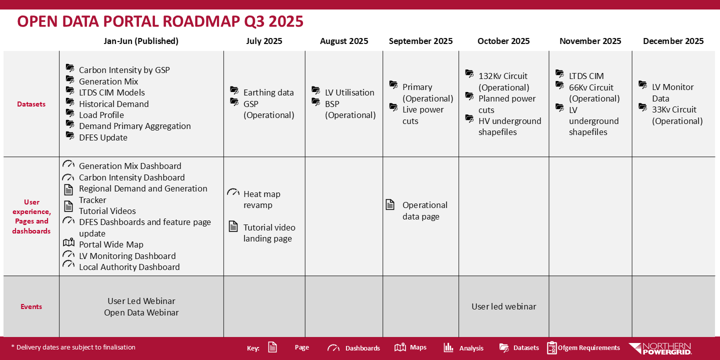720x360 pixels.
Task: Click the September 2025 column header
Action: click(420, 41)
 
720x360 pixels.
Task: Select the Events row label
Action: click(31, 306)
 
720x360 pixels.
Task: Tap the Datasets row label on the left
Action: click(31, 104)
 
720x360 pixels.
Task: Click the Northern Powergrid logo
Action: click(660, 348)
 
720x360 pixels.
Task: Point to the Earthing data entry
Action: click(268, 92)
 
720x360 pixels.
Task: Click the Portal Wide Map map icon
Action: click(68, 242)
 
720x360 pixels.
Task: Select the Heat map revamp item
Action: click(261, 199)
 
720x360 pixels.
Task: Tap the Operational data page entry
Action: click(424, 210)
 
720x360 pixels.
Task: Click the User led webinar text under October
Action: click(503, 306)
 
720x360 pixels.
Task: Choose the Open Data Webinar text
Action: click(141, 312)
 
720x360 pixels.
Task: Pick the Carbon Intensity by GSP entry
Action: click(124, 70)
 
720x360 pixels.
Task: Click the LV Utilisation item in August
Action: click(349, 92)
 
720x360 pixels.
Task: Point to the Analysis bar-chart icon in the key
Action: click(448, 347)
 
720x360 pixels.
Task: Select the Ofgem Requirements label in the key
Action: click(588, 348)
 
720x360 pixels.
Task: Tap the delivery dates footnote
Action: click(73, 347)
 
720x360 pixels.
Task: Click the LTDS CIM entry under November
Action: click(586, 76)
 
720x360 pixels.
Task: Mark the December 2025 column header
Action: click(673, 41)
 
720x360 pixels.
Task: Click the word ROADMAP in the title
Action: click(201, 21)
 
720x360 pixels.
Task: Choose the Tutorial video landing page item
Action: click(269, 233)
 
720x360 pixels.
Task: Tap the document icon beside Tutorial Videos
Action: click(68, 206)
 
